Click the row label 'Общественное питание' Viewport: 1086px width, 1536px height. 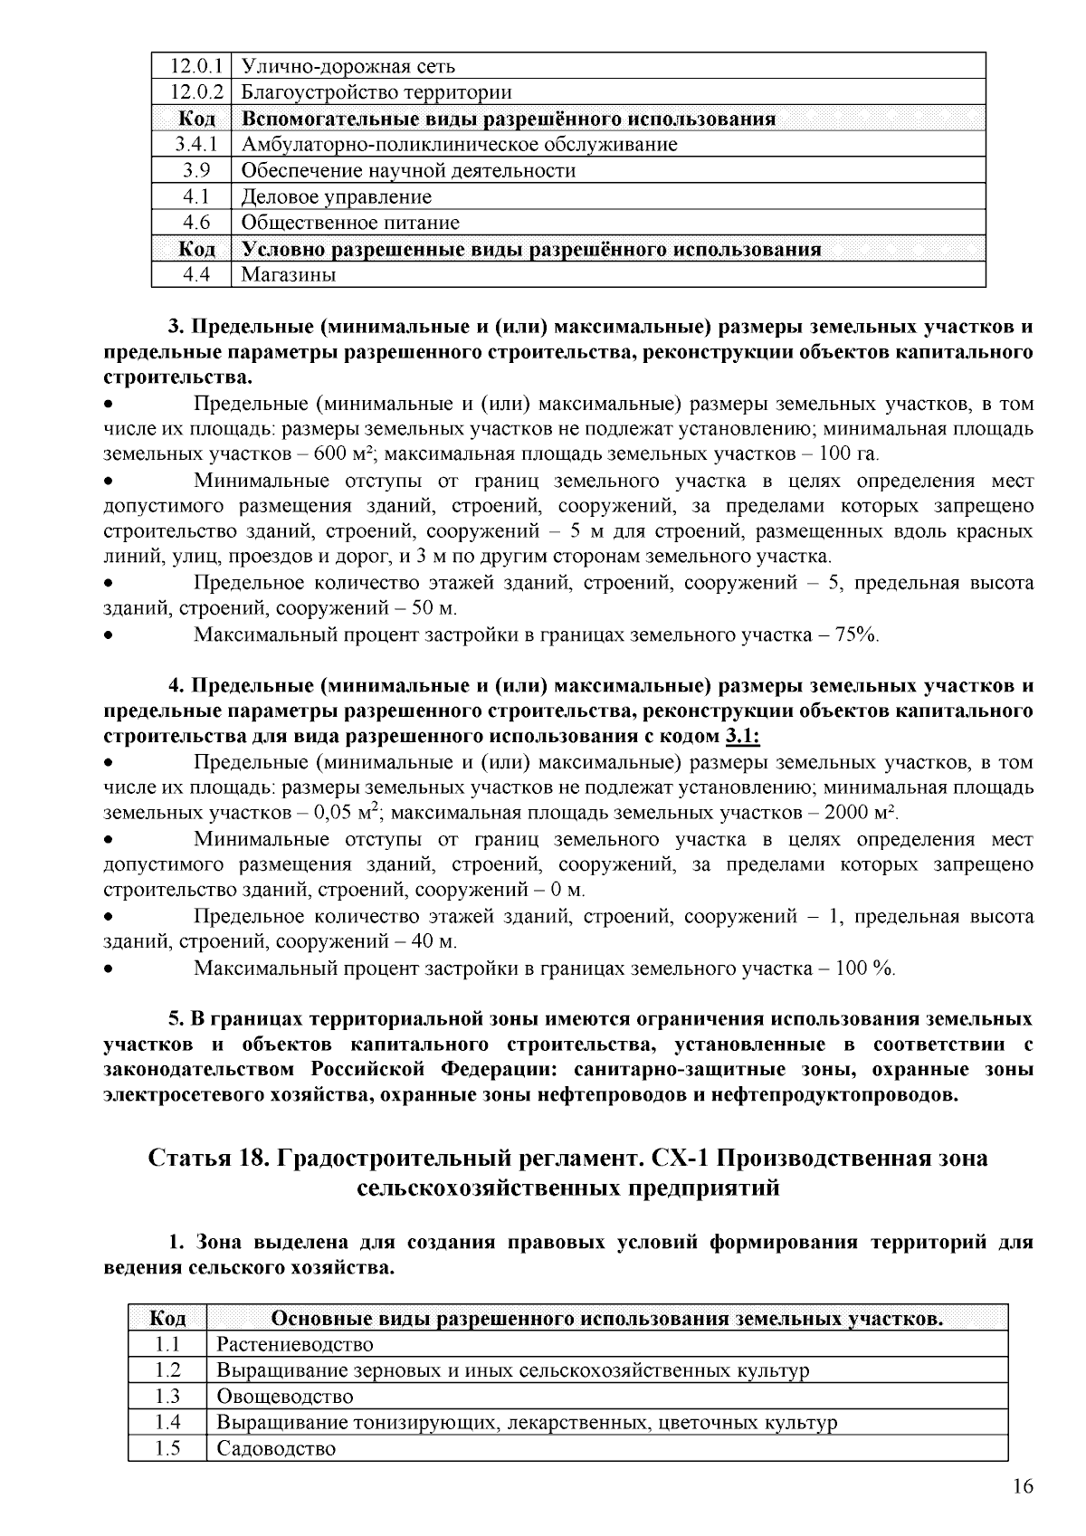pyautogui.click(x=350, y=223)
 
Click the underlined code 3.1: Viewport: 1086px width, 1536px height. pyautogui.click(x=742, y=736)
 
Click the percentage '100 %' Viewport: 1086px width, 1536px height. pyautogui.click(x=864, y=969)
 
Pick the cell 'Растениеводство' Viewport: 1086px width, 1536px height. pyautogui.click(x=294, y=1344)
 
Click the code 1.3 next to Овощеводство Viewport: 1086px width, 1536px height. pyautogui.click(x=167, y=1397)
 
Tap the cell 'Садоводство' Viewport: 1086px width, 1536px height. pyautogui.click(x=276, y=1448)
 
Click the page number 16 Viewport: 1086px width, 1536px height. pyautogui.click(x=1023, y=1487)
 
